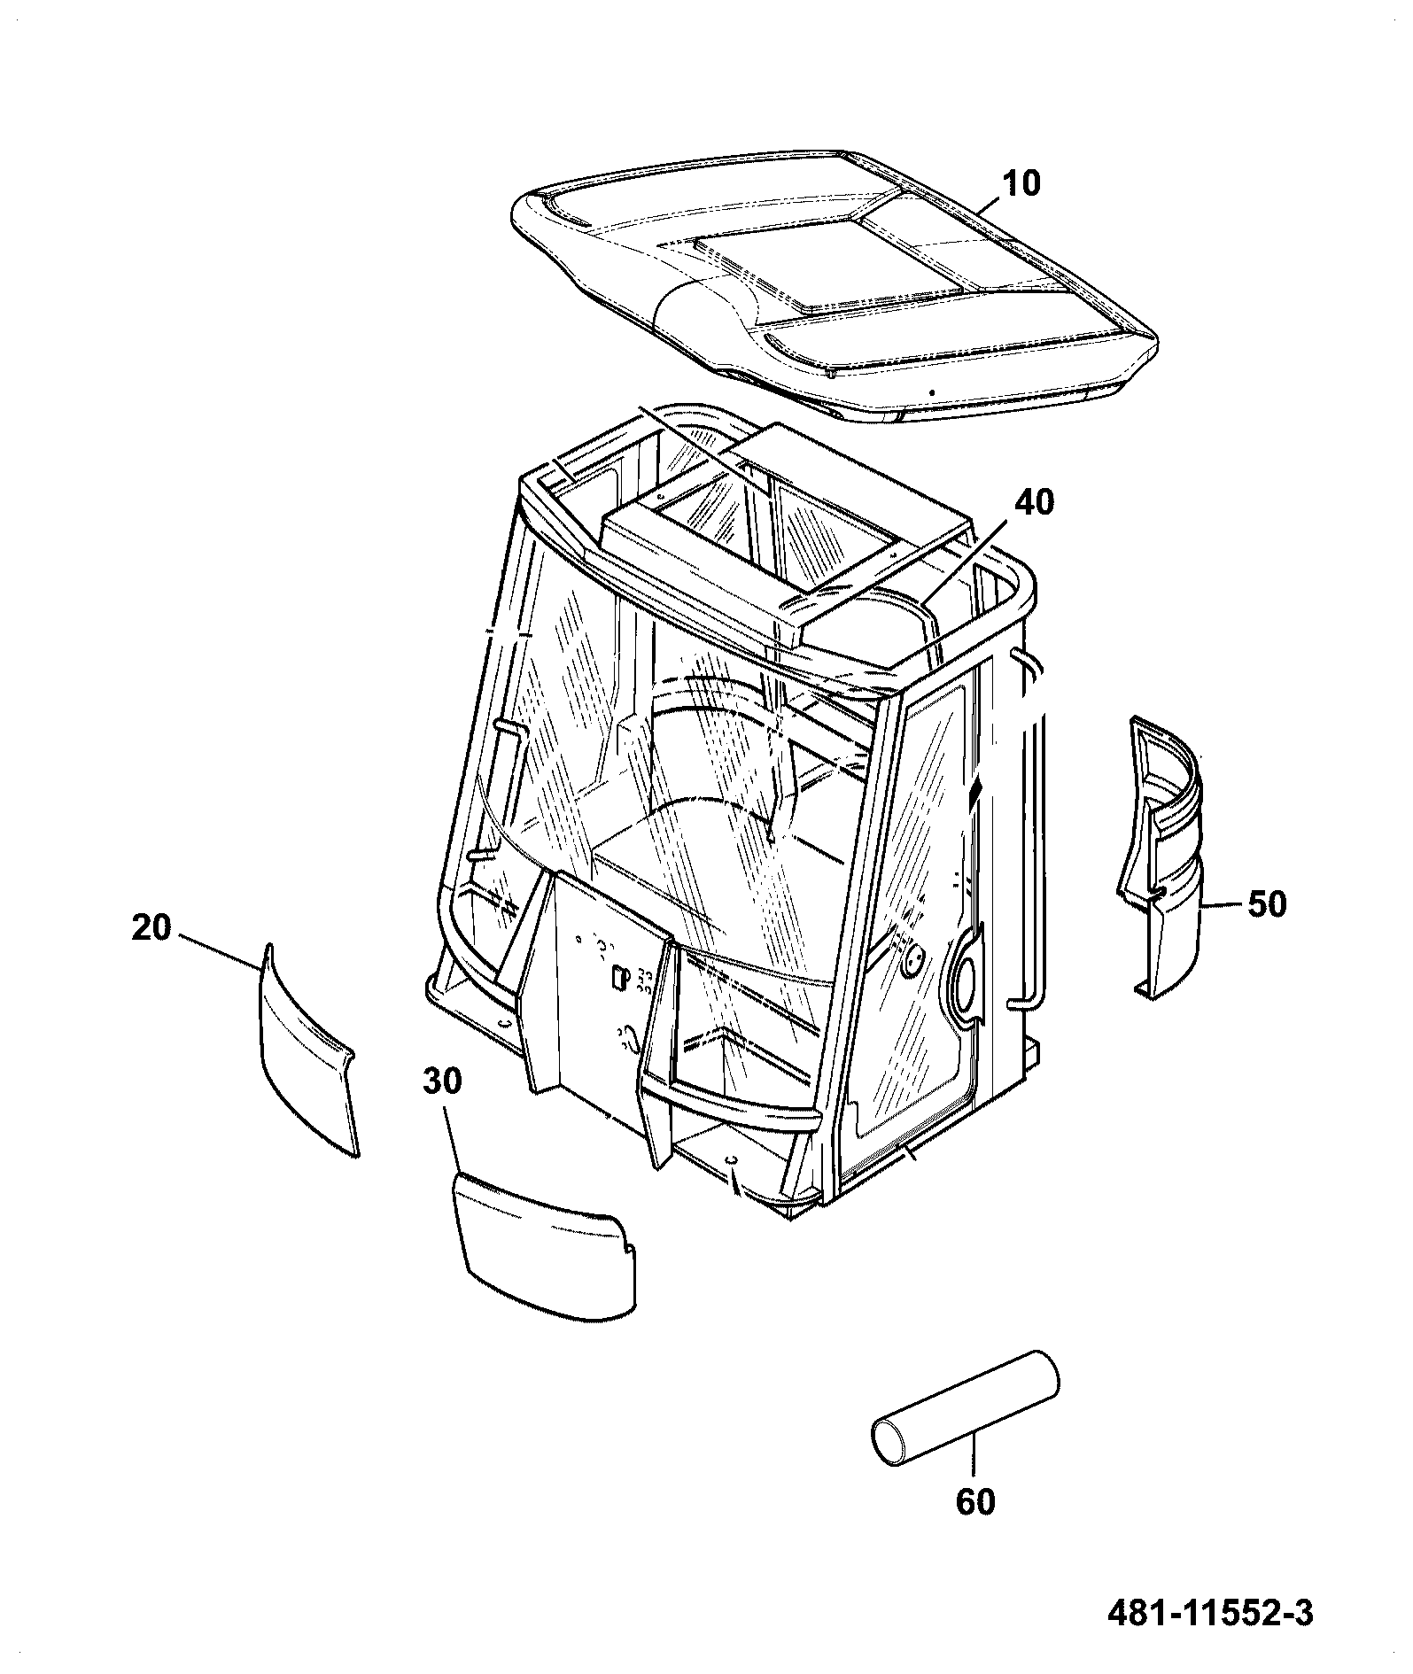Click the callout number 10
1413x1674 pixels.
(1021, 184)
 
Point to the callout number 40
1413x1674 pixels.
(1034, 502)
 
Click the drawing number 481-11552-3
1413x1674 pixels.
(1211, 1613)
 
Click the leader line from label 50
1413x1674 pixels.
(1223, 904)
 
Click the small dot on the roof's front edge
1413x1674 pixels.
(931, 392)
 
